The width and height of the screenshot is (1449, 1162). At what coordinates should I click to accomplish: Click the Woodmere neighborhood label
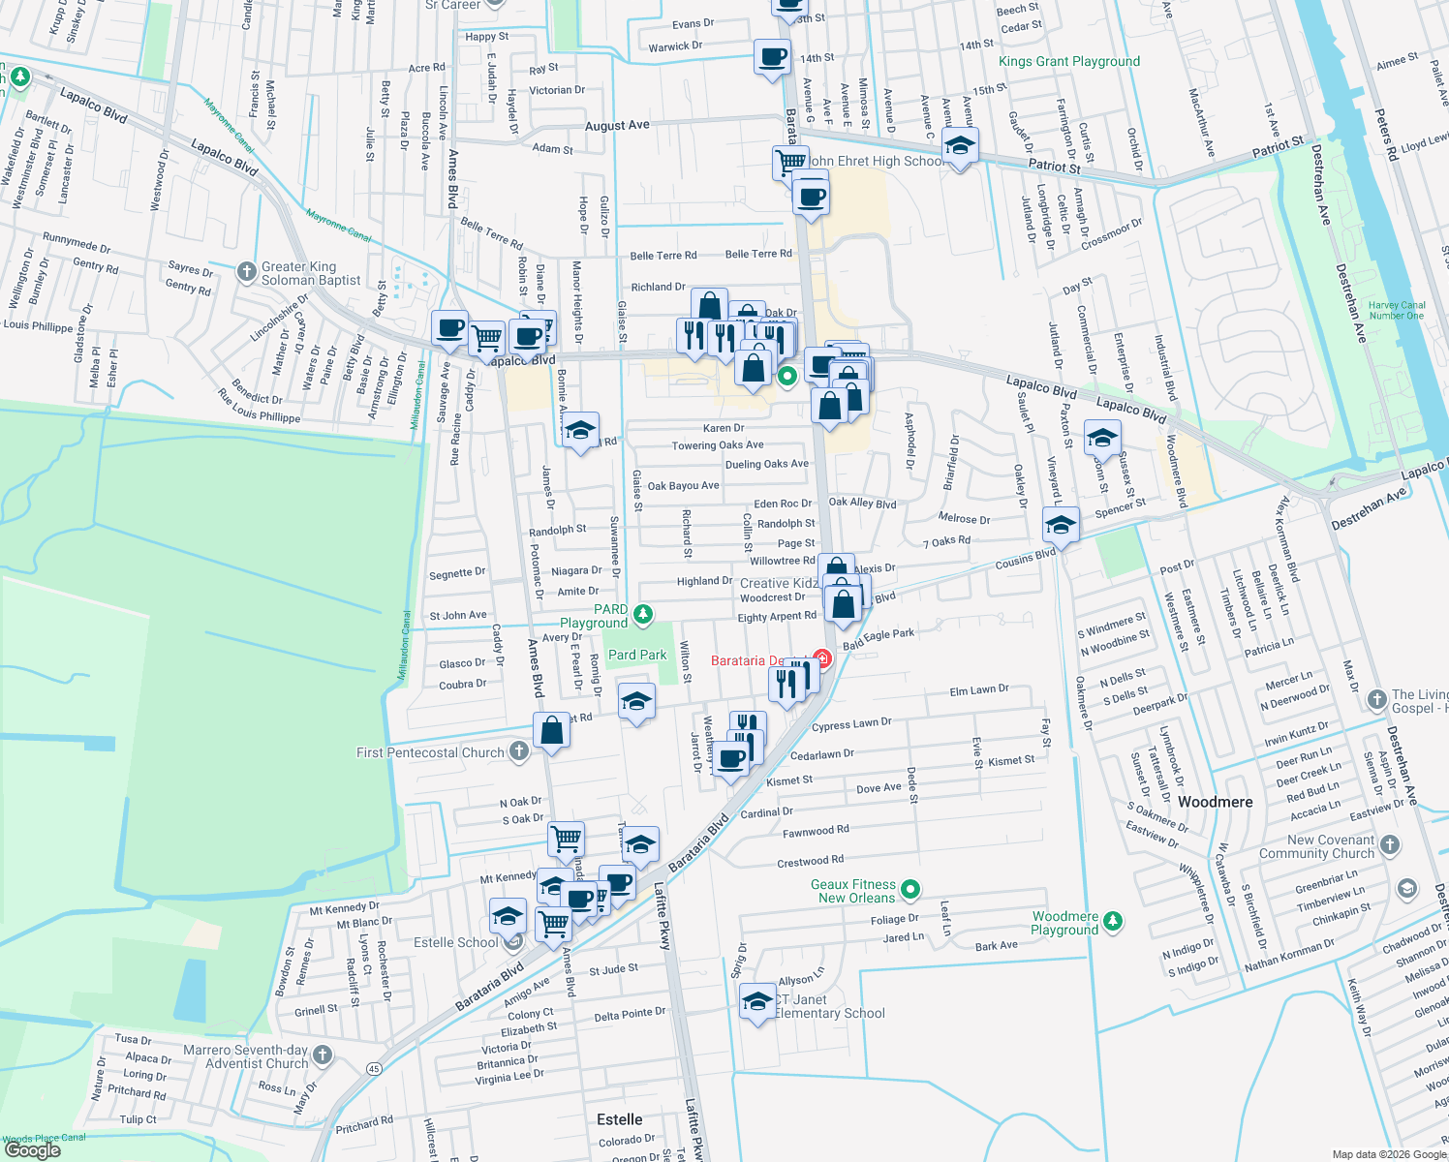1215,802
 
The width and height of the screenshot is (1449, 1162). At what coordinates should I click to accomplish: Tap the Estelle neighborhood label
619,1119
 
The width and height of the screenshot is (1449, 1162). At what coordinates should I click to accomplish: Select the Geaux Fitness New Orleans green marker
909,889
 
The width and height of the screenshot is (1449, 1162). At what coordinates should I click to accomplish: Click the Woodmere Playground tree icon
1113,921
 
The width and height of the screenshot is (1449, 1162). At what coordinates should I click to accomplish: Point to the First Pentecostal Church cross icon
519,751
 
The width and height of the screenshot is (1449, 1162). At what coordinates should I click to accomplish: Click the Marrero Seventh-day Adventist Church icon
323,1055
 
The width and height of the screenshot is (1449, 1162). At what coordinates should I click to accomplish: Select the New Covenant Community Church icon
1389,844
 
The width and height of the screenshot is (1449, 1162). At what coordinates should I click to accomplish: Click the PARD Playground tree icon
642,614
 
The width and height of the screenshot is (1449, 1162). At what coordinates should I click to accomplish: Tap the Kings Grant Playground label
1068,61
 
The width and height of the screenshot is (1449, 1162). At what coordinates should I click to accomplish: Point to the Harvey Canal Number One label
1396,310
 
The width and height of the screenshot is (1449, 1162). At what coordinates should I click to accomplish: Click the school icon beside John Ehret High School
959,146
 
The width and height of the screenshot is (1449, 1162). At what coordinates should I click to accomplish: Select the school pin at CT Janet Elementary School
755,1001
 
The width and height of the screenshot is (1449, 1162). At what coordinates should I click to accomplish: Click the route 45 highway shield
374,1069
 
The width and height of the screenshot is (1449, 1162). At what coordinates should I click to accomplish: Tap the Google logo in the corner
32,1150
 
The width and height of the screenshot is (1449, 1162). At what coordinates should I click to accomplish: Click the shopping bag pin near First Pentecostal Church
551,730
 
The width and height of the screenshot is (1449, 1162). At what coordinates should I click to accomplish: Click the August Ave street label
617,126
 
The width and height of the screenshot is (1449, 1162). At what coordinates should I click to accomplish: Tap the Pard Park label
637,656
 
